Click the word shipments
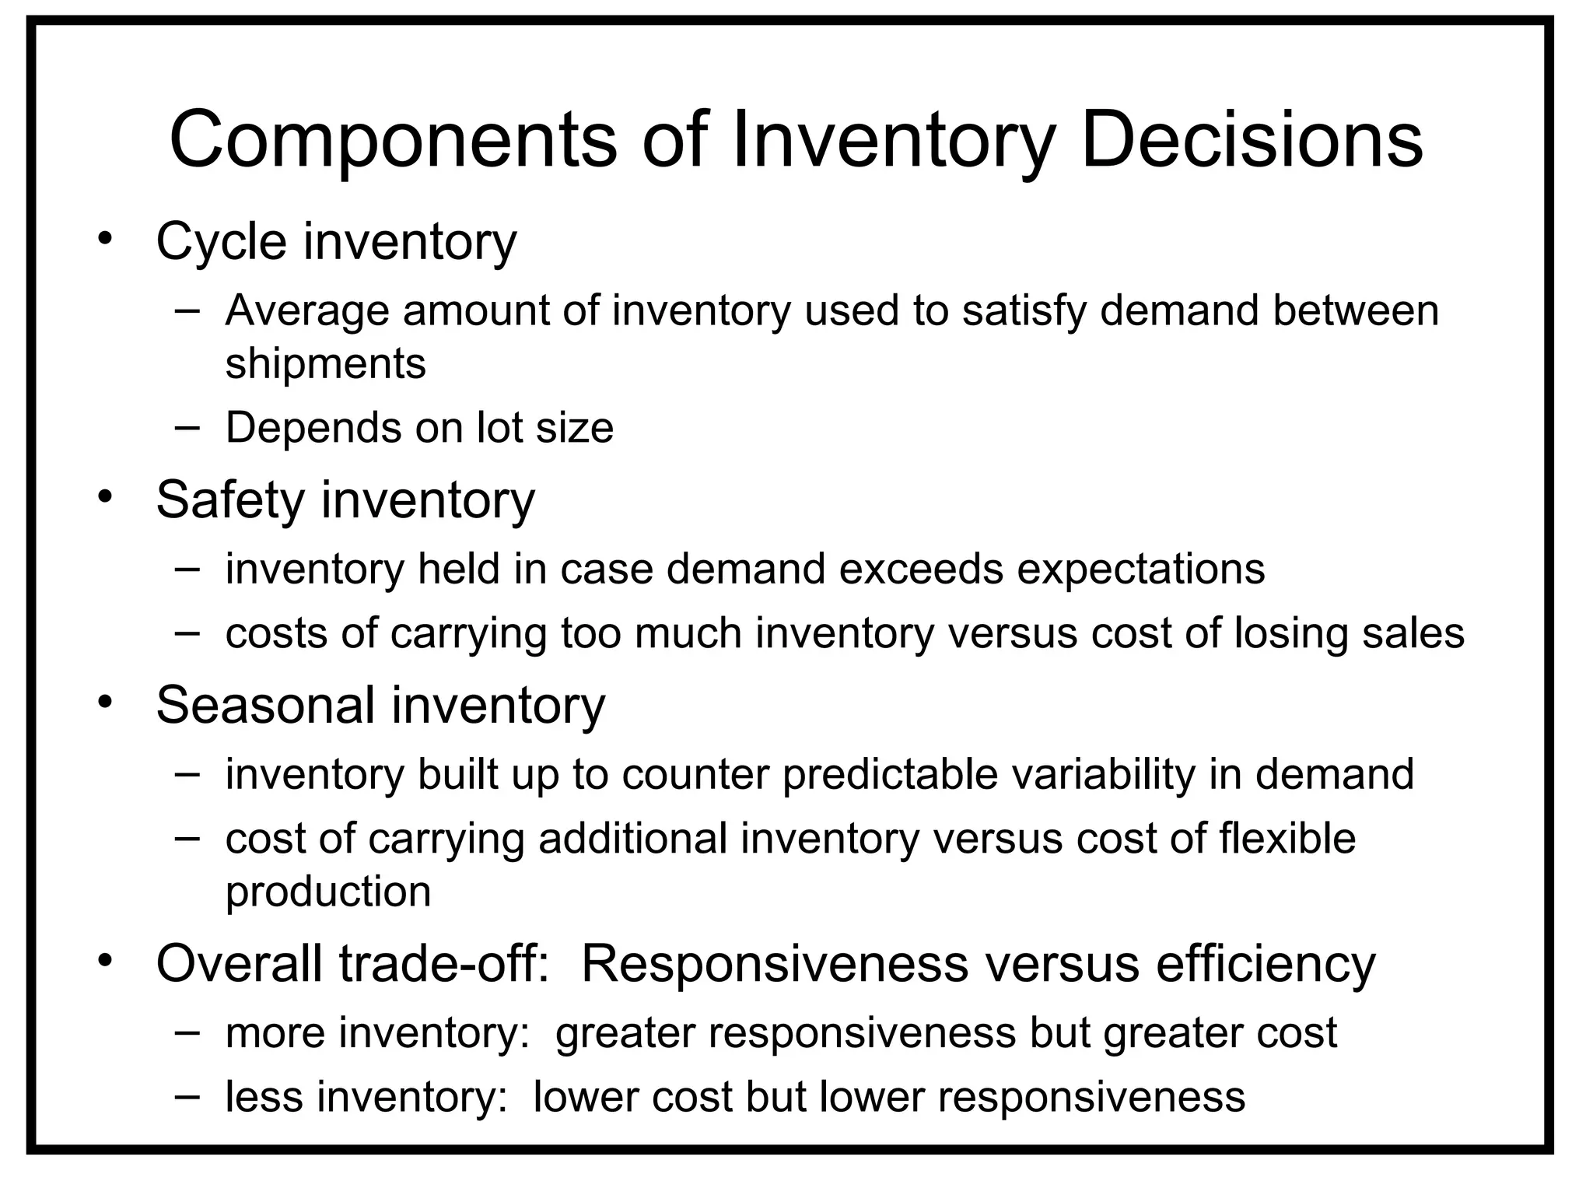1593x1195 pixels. pos(325,363)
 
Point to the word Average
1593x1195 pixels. pos(307,310)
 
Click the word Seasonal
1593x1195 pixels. pos(265,706)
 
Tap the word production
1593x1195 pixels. pos(328,892)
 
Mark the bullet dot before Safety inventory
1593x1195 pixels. pos(106,496)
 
